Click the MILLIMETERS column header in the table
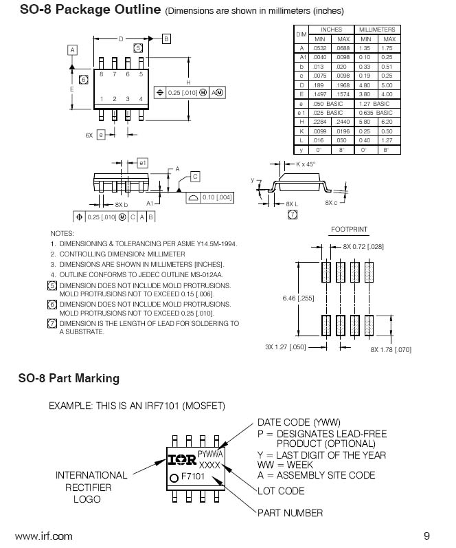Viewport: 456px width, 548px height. pos(376,30)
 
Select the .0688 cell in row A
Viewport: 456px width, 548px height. pos(343,48)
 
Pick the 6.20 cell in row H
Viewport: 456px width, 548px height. pos(387,121)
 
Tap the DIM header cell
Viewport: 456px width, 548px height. pos(301,34)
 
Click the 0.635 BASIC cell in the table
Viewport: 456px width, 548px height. pos(375,112)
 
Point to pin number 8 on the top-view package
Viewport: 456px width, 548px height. pos(102,74)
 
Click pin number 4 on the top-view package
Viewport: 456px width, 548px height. pos(141,99)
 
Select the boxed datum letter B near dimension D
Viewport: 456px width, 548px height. pos(166,39)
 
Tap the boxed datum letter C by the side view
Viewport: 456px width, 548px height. pos(195,177)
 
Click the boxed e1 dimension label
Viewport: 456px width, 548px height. pos(142,163)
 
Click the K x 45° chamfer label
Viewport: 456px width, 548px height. pos(306,164)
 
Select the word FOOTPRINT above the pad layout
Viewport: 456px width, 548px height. pos(349,228)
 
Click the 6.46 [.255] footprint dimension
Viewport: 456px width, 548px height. pos(297,298)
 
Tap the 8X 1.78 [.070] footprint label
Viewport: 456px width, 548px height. pos(391,349)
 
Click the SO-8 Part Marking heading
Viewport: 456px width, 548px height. pos(69,378)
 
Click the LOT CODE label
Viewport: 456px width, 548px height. pos(281,491)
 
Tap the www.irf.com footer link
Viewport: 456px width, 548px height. pos(43,536)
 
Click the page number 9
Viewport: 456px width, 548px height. pos(426,536)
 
